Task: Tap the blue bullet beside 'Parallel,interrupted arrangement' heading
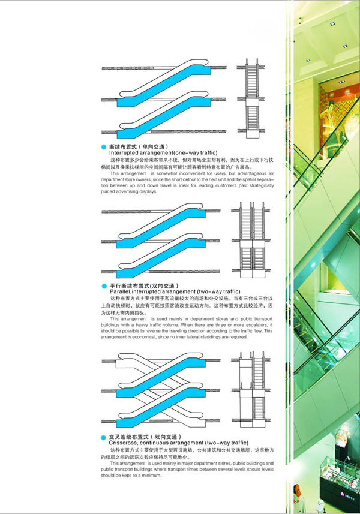[104, 286]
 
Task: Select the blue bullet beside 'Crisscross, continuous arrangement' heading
[104, 436]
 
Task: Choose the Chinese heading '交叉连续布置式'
[127, 436]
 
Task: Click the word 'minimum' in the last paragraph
[150, 476]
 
